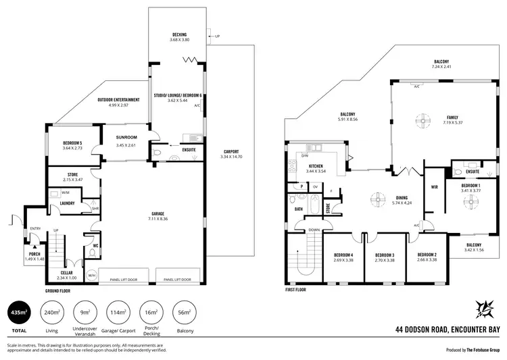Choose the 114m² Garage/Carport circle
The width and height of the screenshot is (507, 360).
120,313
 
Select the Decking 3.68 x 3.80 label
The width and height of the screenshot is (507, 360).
179,36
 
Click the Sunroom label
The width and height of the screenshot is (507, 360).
126,139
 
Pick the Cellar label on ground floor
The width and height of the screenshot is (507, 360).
66,274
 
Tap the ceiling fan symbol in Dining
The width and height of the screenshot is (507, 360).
376,199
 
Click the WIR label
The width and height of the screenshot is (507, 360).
435,188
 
